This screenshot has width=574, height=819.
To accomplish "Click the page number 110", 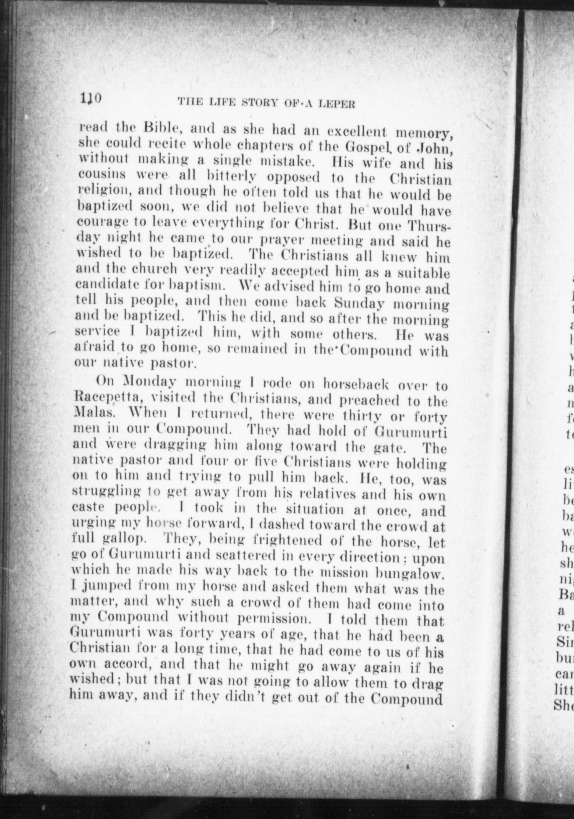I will tap(90, 99).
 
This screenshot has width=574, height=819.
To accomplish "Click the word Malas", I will tap(89, 414).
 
